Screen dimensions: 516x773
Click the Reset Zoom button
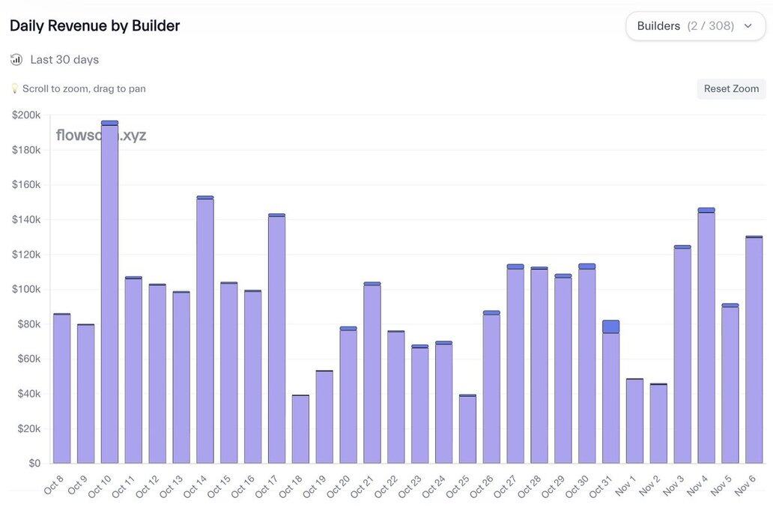731,88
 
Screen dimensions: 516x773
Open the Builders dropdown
695,26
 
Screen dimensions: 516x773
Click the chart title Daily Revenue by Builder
95,25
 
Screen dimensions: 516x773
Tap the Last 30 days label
64,59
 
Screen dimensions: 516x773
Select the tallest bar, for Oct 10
109,292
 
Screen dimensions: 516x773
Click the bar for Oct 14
205,330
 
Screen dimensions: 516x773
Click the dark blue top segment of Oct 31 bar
610,327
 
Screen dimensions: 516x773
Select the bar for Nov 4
706,337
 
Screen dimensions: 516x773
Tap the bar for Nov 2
658,424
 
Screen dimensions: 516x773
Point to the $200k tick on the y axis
27,115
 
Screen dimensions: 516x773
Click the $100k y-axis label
27,289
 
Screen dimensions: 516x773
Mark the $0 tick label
34,464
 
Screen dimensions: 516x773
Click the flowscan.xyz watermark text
101,136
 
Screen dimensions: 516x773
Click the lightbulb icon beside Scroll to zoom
14,88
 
